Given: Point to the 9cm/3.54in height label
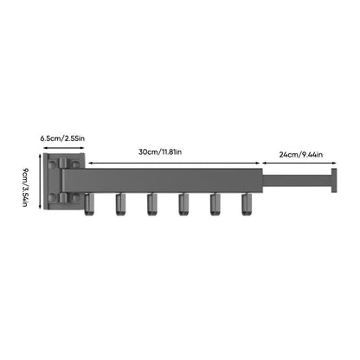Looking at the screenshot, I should pos(27,185).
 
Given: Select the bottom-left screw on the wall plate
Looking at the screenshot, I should pos(55,198).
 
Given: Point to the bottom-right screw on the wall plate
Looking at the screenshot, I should pos(76,198).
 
